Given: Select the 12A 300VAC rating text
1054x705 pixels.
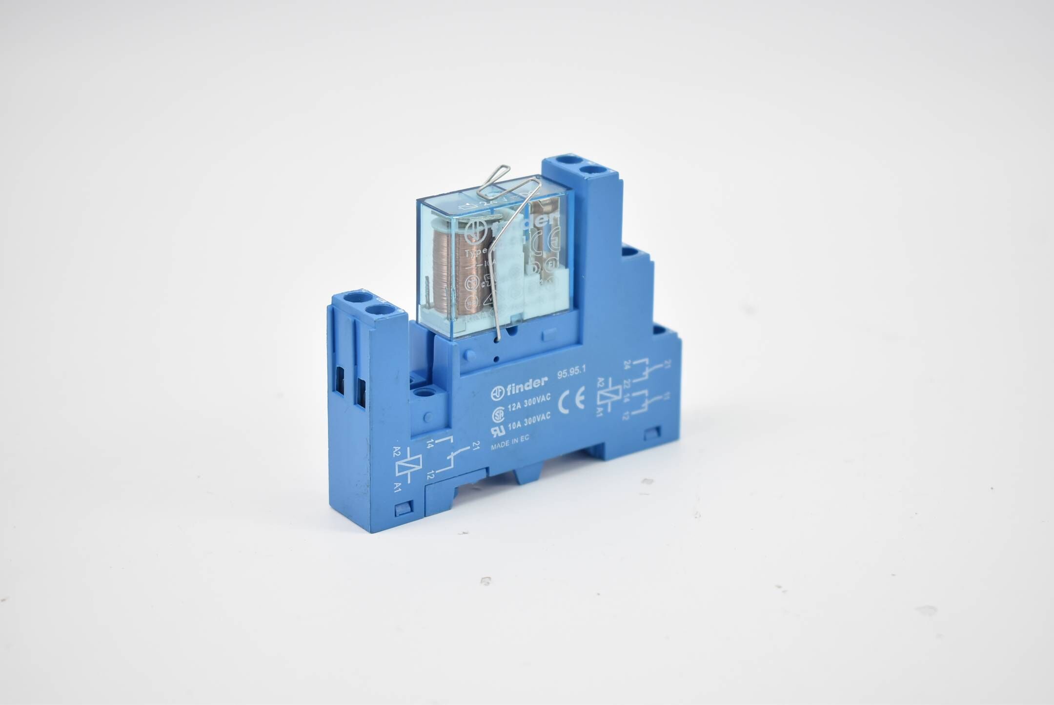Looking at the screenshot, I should [529, 403].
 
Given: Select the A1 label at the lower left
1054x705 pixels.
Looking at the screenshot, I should [398, 487].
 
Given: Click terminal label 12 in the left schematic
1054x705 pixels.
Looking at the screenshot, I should [430, 474].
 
